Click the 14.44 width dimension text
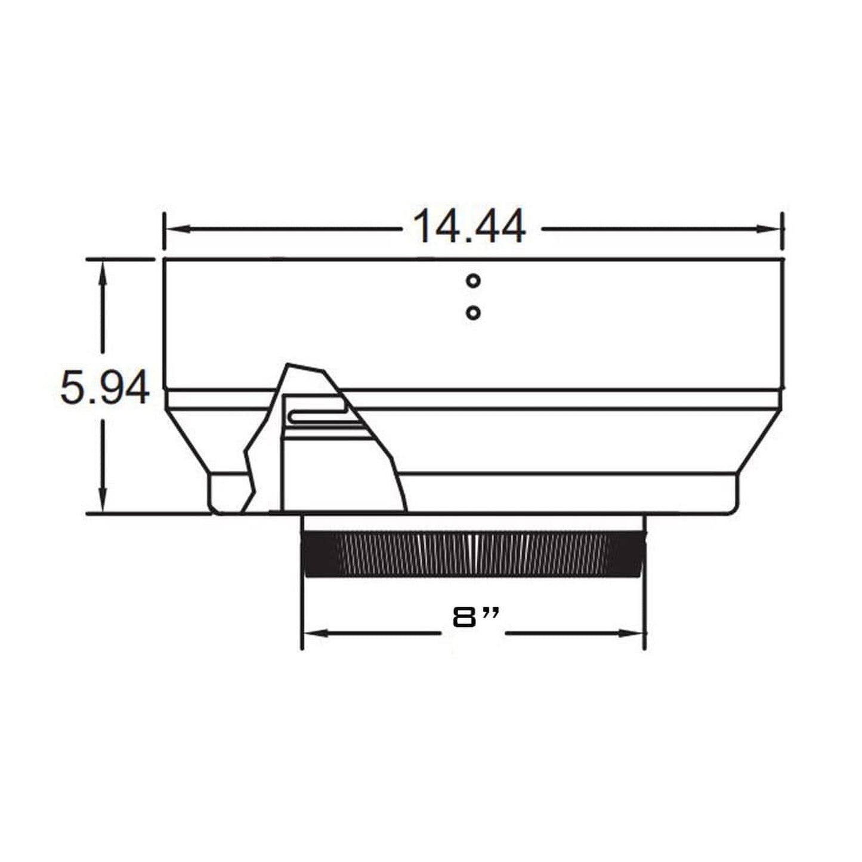[469, 227]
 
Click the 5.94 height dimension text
[105, 388]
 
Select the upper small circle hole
[473, 280]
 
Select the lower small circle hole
[473, 313]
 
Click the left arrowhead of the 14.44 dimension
[174, 228]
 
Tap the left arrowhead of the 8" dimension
[313, 633]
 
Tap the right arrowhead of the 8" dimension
[635, 633]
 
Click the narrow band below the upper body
[537, 400]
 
